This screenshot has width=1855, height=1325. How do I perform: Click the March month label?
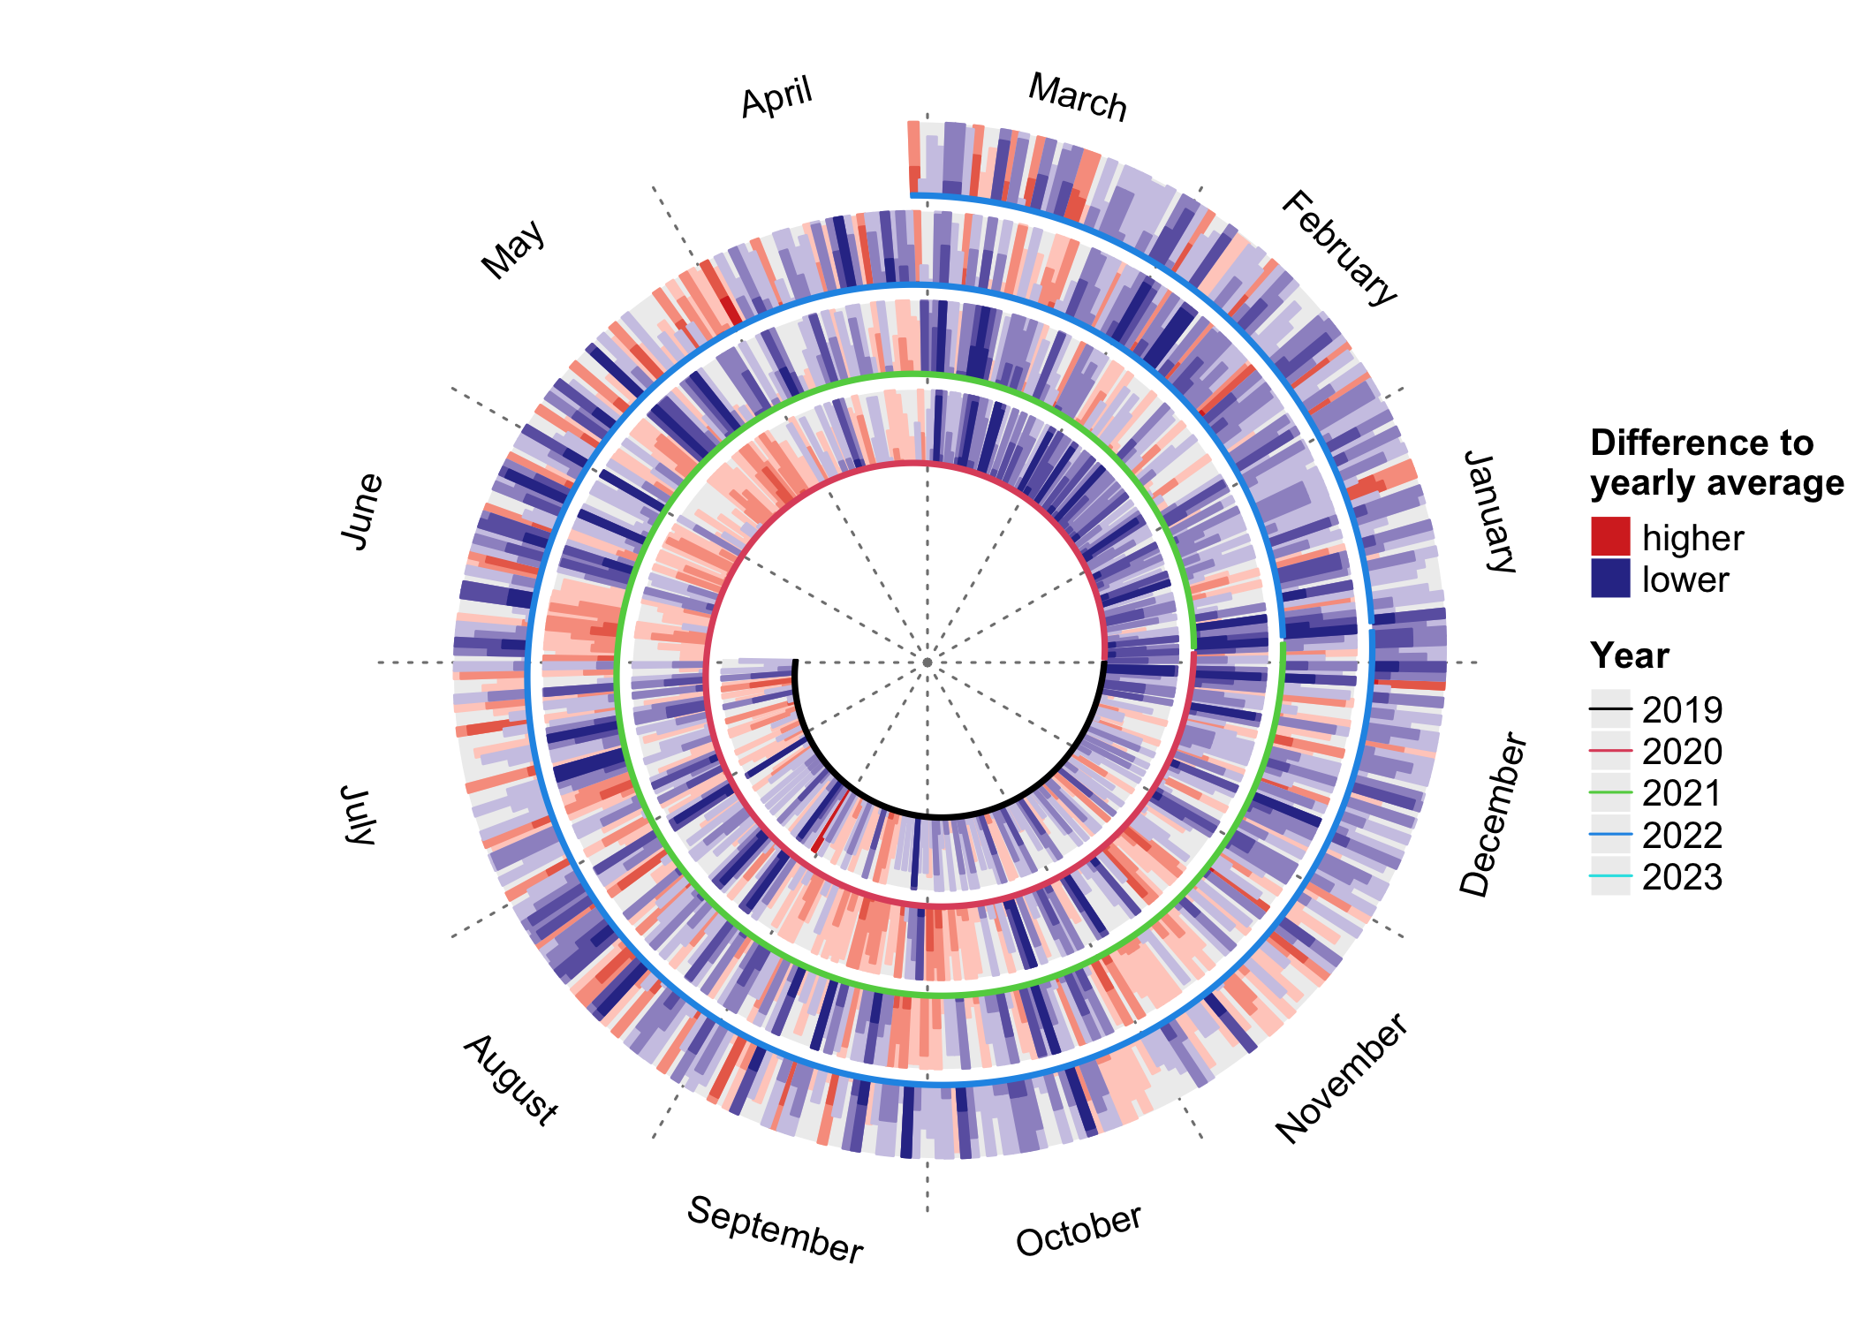pyautogui.click(x=1078, y=97)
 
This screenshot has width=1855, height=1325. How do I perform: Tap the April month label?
pyautogui.click(x=776, y=97)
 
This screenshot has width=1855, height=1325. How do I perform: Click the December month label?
pyautogui.click(x=1493, y=814)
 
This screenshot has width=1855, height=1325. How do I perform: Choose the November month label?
pyautogui.click(x=1341, y=1079)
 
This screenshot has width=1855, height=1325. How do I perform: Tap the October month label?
pyautogui.click(x=1079, y=1230)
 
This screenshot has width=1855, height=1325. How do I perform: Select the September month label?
pyautogui.click(x=775, y=1230)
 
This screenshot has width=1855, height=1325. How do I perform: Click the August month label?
pyautogui.click(x=511, y=1079)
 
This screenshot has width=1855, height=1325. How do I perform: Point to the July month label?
pyautogui.click(x=360, y=814)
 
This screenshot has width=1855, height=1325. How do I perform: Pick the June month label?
pyautogui.click(x=361, y=511)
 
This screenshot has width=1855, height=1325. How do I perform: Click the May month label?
pyautogui.click(x=513, y=250)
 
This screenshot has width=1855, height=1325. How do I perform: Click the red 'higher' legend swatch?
pyautogui.click(x=1610, y=537)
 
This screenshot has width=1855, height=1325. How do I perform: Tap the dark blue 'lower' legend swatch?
pyautogui.click(x=1610, y=579)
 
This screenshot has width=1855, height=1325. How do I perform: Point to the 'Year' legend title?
pyautogui.click(x=1630, y=656)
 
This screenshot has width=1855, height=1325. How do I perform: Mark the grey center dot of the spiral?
pyautogui.click(x=927, y=662)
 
